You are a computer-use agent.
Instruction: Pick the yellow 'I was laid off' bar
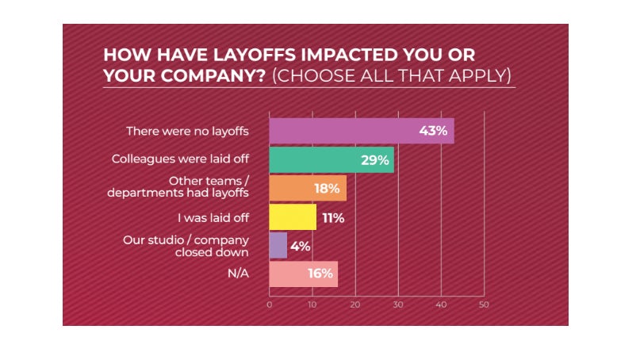pyautogui.click(x=286, y=217)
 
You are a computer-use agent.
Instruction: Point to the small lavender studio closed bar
pyautogui.click(x=278, y=246)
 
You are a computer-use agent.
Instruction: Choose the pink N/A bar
pyautogui.click(x=293, y=274)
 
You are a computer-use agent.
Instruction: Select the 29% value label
pyautogui.click(x=374, y=160)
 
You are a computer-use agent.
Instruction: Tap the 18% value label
pyautogui.click(x=327, y=189)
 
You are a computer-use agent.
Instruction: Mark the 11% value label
pyautogui.click(x=331, y=217)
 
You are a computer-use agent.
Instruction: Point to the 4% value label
pyautogui.click(x=301, y=246)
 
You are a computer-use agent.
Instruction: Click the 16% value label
pyautogui.click(x=318, y=274)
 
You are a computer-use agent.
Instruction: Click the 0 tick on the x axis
pyautogui.click(x=270, y=304)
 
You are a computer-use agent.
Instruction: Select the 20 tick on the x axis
pyautogui.click(x=355, y=304)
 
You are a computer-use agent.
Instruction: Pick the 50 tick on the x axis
pyautogui.click(x=483, y=304)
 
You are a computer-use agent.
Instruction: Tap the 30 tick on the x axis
pyautogui.click(x=398, y=304)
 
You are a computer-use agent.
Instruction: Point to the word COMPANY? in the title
pyautogui.click(x=186, y=76)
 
